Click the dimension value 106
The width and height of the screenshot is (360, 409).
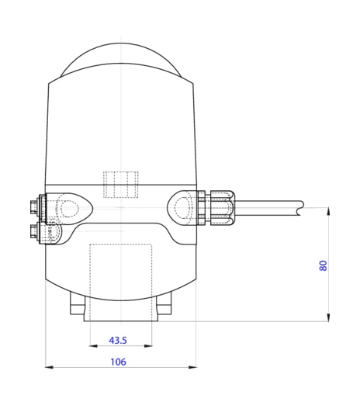pos(118,361)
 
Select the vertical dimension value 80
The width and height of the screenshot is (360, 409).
pos(323,265)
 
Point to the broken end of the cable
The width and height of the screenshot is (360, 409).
pos(299,206)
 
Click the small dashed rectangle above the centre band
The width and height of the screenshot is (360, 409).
pos(121,184)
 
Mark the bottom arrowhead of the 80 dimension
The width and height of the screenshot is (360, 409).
pos(329,317)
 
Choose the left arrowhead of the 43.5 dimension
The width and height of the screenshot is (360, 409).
pos(93,347)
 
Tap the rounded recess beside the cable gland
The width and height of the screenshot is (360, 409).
pos(182,207)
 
